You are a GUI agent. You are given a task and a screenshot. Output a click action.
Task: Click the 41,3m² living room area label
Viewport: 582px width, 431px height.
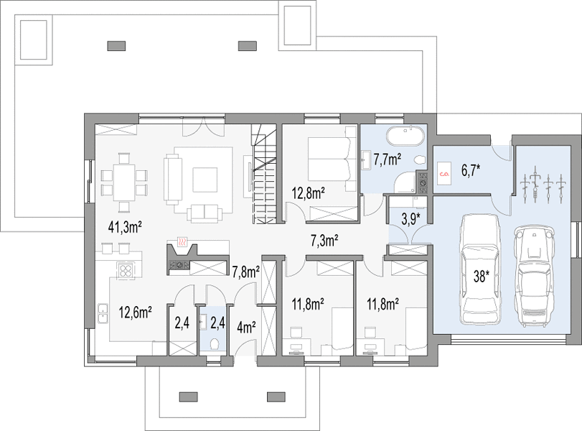(125, 227)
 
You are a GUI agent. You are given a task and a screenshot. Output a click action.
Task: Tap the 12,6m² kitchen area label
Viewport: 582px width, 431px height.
(135, 312)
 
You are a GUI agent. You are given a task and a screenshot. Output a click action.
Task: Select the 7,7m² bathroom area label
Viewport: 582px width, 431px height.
(387, 159)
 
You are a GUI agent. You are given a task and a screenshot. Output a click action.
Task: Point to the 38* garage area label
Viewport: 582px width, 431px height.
(481, 276)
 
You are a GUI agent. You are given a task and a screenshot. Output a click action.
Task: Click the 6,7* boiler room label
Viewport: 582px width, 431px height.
(471, 171)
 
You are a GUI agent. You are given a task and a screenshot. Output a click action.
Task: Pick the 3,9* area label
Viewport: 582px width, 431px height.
(411, 219)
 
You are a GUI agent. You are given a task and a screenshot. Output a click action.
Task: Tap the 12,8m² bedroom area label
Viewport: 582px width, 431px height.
(309, 193)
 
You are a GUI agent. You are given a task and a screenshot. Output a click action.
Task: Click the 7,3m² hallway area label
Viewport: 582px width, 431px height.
(324, 241)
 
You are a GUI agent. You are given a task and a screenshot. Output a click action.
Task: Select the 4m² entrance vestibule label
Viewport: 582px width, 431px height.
(246, 328)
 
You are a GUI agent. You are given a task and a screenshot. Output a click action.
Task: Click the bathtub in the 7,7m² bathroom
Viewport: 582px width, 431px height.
(404, 137)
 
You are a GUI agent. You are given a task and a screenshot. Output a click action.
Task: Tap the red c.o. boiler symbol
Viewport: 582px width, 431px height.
(443, 174)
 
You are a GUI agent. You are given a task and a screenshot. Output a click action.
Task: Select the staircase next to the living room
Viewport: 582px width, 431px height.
(265, 175)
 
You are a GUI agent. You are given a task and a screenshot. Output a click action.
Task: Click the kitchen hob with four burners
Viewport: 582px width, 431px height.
(125, 270)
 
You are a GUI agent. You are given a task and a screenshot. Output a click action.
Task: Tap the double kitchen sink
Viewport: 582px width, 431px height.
(103, 313)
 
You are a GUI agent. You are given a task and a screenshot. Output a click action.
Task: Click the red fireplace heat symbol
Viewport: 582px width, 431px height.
(182, 242)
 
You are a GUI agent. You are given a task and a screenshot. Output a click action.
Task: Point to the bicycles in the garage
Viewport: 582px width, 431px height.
(543, 185)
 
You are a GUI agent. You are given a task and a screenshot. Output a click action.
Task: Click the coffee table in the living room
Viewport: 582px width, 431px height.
(205, 180)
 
